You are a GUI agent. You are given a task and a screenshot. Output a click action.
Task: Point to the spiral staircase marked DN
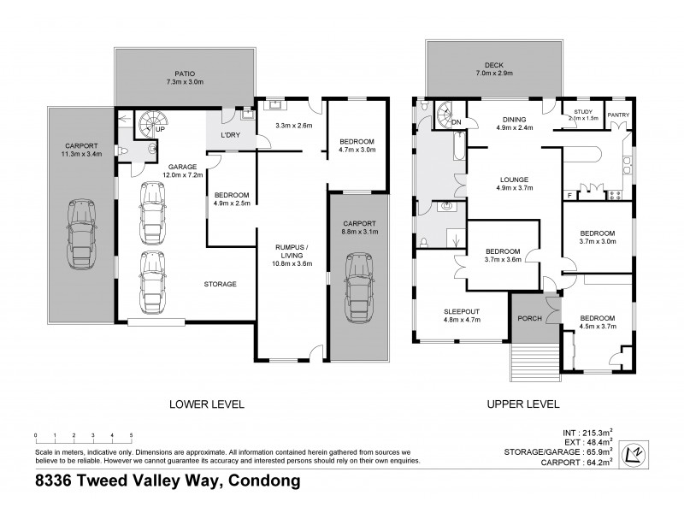pyautogui.click(x=445, y=115)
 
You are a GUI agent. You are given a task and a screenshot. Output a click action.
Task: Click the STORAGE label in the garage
pyautogui.click(x=220, y=284)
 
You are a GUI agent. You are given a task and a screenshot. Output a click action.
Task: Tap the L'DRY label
pyautogui.click(x=228, y=136)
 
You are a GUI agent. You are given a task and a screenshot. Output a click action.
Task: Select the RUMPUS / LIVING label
pyautogui.click(x=290, y=254)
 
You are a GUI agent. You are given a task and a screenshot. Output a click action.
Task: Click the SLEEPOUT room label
pyautogui.click(x=462, y=310)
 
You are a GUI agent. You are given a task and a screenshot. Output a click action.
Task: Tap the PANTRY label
pyautogui.click(x=618, y=114)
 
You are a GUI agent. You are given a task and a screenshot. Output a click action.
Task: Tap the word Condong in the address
pyautogui.click(x=262, y=481)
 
